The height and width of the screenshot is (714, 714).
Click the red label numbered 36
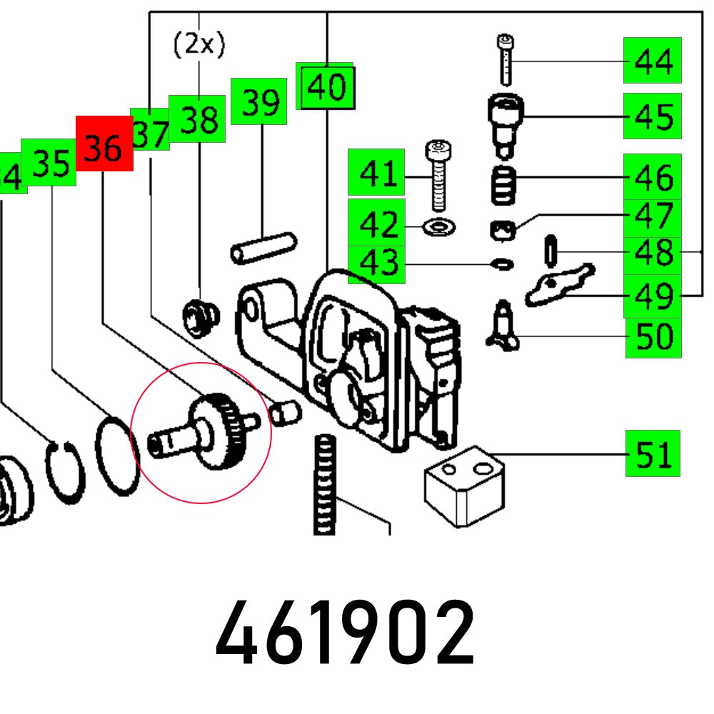click(x=104, y=144)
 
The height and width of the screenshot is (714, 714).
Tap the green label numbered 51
click(x=653, y=453)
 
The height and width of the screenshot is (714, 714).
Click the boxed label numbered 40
click(x=326, y=86)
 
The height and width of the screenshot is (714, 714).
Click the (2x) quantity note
click(x=199, y=45)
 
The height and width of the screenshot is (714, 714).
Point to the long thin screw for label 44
click(x=505, y=61)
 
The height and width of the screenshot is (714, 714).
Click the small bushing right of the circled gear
click(x=286, y=412)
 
